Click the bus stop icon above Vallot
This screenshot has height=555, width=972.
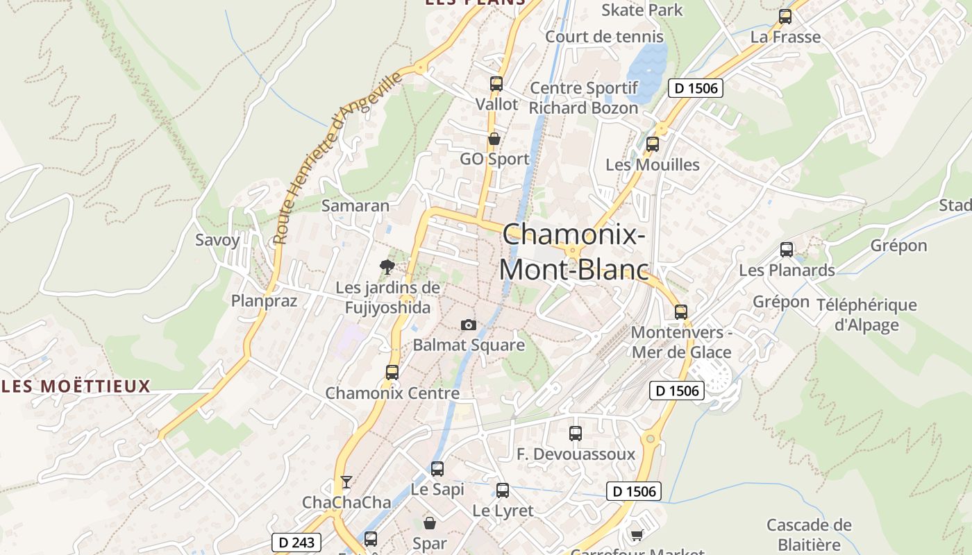[496, 84]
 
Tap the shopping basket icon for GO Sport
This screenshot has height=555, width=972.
[494, 139]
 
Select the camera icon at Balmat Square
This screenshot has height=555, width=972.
[469, 325]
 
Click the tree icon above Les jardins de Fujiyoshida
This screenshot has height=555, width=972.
[387, 266]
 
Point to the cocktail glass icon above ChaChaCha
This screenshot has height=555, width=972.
[346, 481]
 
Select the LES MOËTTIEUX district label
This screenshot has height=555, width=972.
[76, 386]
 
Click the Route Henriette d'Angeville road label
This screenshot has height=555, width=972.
[337, 157]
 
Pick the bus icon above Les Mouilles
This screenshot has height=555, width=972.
[652, 144]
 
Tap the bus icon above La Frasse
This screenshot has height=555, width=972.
[785, 17]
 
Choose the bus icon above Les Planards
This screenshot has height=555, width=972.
[786, 250]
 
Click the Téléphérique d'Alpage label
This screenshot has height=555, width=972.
[866, 315]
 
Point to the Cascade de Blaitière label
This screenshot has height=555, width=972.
[809, 534]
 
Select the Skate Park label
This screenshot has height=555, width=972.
[642, 10]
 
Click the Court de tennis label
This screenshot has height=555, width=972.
[604, 37]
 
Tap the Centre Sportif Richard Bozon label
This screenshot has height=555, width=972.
[583, 98]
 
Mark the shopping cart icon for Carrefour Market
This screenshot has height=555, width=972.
[637, 534]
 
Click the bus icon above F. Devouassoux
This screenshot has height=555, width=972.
[575, 434]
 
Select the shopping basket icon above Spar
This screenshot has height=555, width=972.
[430, 523]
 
